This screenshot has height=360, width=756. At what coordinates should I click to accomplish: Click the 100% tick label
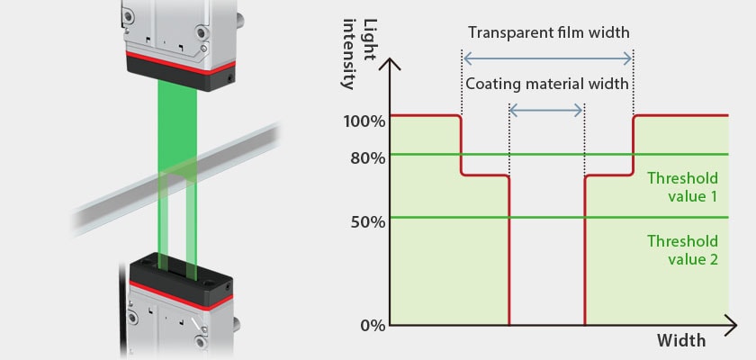tap(364, 121)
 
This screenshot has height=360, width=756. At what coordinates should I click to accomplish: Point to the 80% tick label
tap(366, 157)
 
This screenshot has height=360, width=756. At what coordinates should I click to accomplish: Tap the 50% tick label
tap(366, 220)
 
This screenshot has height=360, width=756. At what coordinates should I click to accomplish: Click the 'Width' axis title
tap(681, 341)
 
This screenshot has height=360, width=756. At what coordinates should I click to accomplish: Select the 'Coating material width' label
tap(546, 84)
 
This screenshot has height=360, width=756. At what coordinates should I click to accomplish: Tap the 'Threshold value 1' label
tap(682, 185)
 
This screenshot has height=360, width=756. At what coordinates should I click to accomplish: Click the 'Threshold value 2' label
tap(682, 250)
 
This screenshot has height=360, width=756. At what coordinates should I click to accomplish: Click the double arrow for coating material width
tap(546, 110)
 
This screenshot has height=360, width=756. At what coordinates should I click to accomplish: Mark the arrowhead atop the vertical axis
tap(391, 65)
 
